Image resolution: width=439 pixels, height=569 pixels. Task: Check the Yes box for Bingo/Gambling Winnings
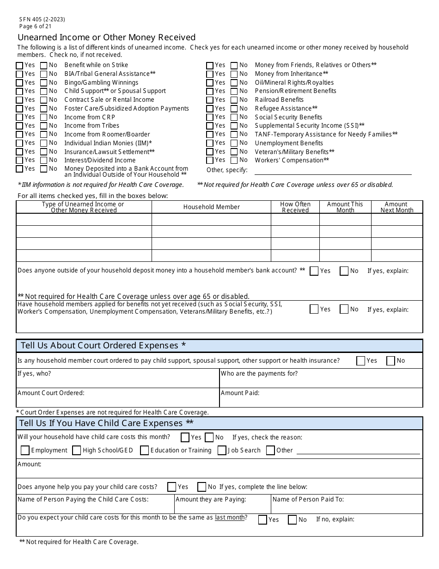(x=19, y=83)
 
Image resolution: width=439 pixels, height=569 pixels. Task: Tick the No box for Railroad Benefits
(x=234, y=100)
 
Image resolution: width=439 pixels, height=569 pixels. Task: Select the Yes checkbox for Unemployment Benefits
(x=210, y=143)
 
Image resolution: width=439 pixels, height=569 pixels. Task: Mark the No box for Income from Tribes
(x=44, y=126)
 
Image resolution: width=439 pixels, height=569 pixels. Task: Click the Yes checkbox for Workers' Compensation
(x=210, y=161)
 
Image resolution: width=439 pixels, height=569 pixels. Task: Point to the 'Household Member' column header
(x=211, y=207)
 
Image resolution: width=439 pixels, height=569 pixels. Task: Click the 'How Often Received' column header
(x=295, y=207)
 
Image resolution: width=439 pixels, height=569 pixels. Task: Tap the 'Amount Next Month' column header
(x=396, y=207)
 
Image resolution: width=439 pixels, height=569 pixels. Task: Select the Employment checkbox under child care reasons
(x=25, y=451)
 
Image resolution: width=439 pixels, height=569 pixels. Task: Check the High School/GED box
(x=77, y=451)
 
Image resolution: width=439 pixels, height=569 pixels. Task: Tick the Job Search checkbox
(x=222, y=451)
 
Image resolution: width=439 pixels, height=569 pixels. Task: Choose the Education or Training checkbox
(x=145, y=451)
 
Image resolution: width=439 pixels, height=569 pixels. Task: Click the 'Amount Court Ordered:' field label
(x=51, y=393)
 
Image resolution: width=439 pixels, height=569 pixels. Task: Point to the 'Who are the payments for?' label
(x=259, y=374)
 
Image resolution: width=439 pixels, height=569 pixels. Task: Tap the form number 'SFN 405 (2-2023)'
(x=42, y=19)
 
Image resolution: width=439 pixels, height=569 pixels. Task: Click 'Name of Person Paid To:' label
(x=308, y=499)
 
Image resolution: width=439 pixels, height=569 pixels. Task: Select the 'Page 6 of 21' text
(x=36, y=26)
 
